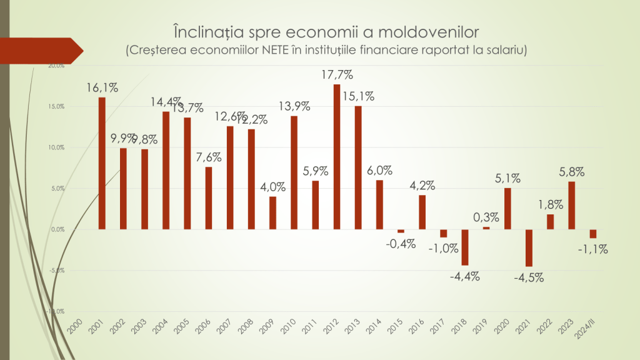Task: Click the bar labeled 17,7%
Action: pos(337,156)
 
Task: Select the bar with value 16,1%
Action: pos(102,163)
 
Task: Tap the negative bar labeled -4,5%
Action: pos(529,247)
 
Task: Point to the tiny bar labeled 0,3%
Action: pos(486,227)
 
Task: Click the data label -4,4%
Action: pos(465,276)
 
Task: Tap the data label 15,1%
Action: pos(359,96)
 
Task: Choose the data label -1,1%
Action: pos(593,249)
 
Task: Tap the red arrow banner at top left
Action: pos(44,51)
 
